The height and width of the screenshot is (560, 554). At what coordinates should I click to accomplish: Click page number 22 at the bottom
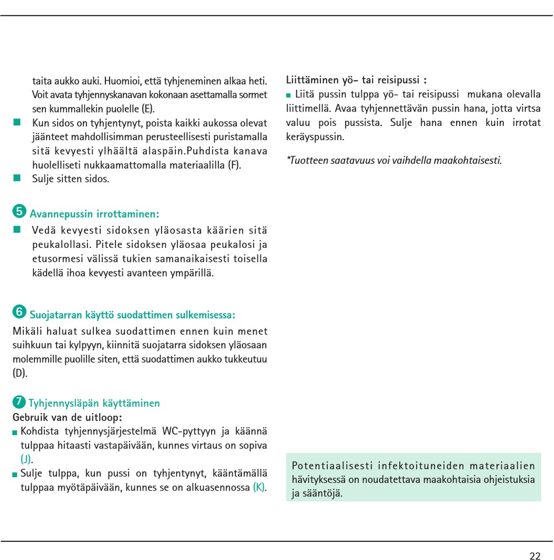[535, 556]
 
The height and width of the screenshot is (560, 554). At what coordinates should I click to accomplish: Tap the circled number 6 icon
[19, 312]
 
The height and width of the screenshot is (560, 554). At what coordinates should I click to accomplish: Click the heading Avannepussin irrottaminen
[94, 214]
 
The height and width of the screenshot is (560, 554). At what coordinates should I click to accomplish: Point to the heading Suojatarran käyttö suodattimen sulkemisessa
[132, 316]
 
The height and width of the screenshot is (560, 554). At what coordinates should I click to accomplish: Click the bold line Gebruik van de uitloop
[67, 418]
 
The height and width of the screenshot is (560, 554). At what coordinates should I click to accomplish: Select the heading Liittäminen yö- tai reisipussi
[356, 80]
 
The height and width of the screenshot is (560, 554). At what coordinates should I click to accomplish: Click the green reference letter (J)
[26, 459]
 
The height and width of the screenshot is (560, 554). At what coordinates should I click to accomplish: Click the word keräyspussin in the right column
[315, 137]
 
